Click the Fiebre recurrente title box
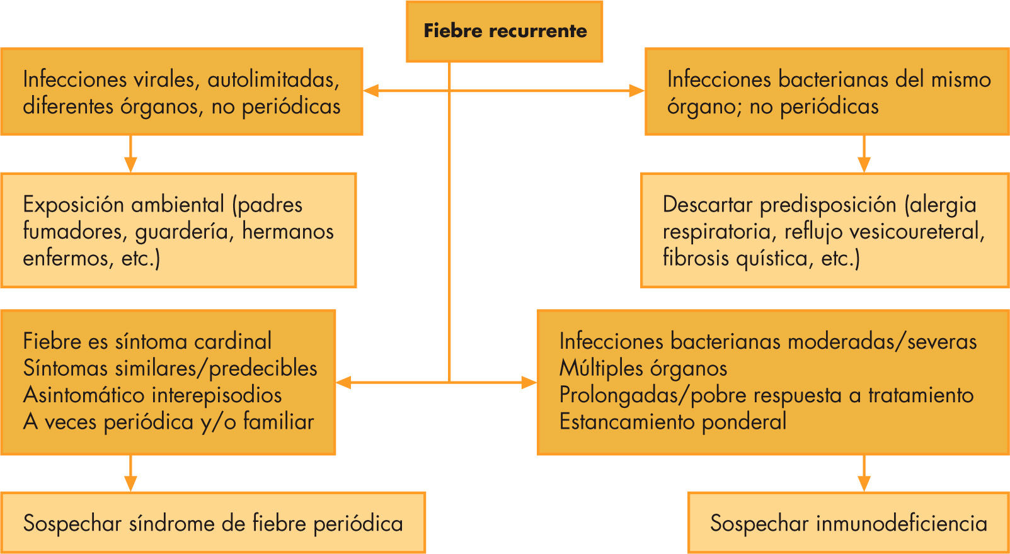(x=504, y=31)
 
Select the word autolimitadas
(x=273, y=79)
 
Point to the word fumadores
(x=75, y=232)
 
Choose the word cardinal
(x=232, y=341)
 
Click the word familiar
(x=278, y=422)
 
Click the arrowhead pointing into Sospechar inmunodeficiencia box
(x=864, y=483)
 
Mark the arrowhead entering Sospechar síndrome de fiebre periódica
(x=130, y=483)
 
